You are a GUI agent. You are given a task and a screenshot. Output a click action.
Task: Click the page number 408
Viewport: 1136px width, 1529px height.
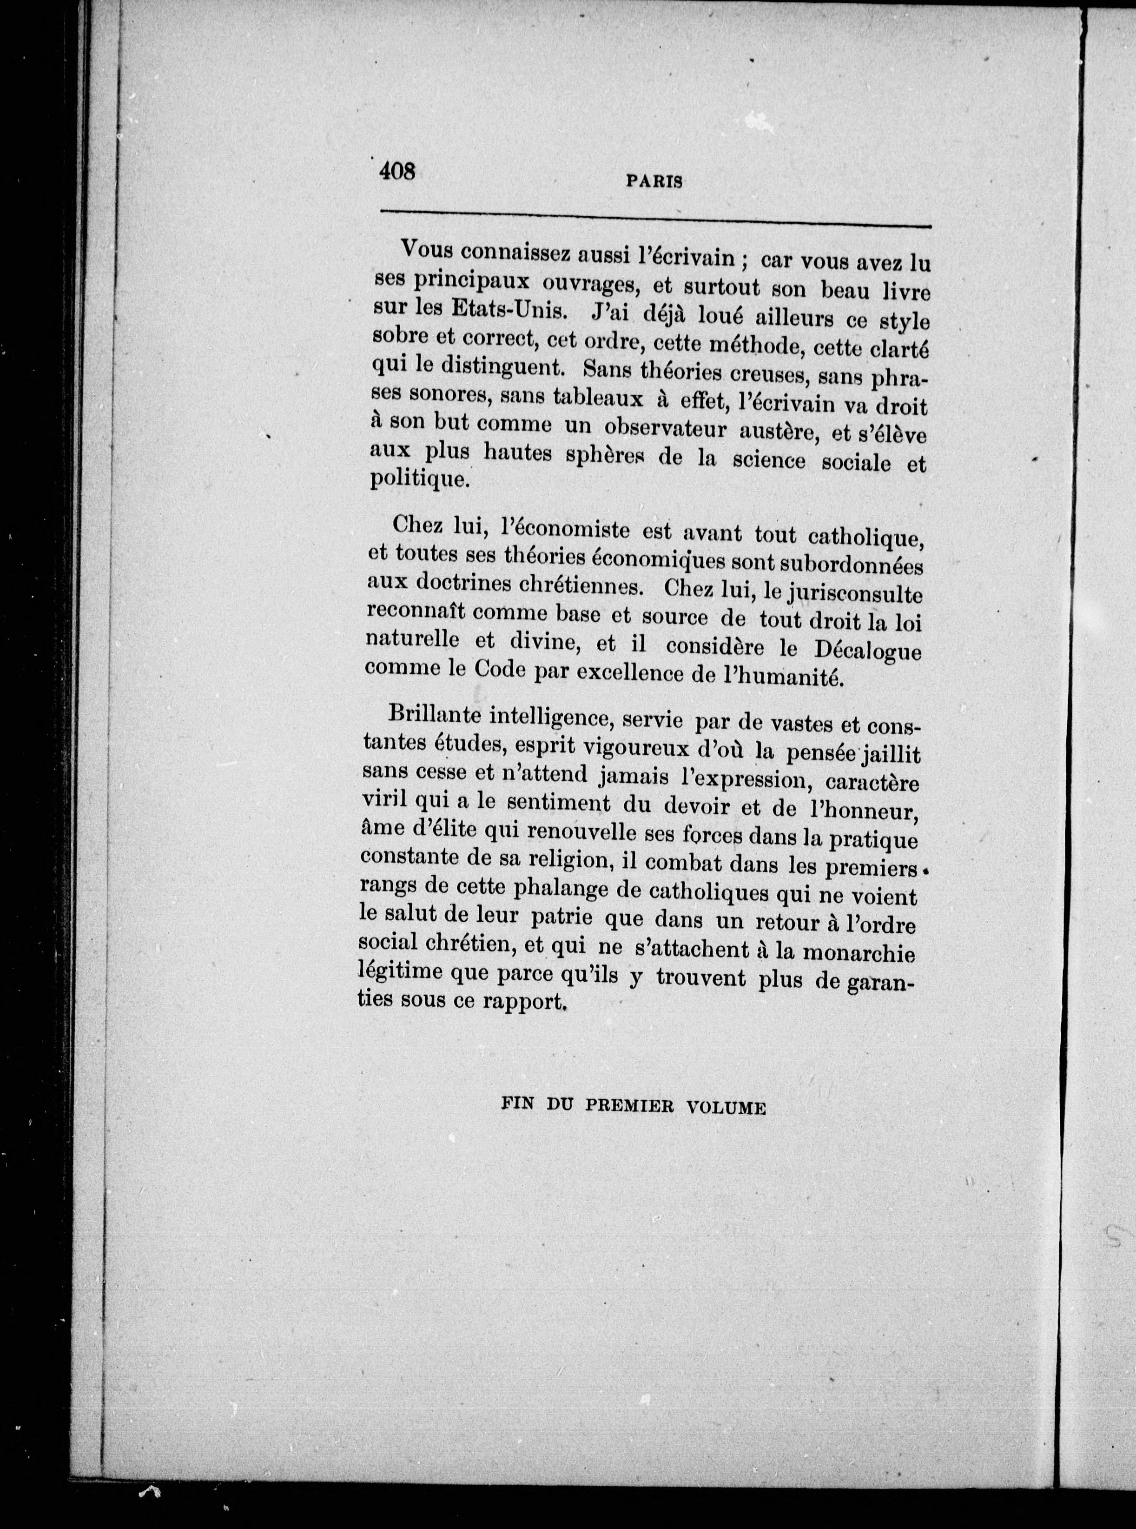(397, 170)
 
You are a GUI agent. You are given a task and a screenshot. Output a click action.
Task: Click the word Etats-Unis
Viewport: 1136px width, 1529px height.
(509, 310)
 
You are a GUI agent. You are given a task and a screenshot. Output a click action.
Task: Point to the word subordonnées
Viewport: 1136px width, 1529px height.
(850, 565)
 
